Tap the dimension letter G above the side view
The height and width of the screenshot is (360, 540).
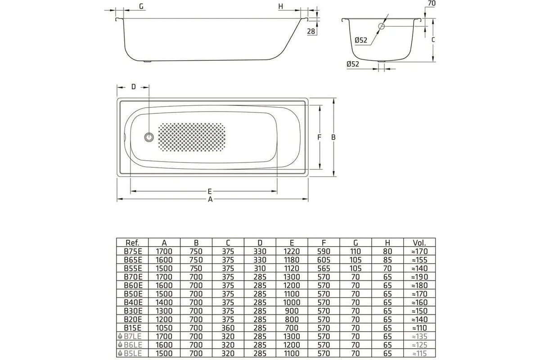(x=141, y=6)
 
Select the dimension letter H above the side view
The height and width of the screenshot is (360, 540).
(x=280, y=6)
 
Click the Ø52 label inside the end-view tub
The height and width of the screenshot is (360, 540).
(x=361, y=40)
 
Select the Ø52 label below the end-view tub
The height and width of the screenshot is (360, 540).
(x=353, y=64)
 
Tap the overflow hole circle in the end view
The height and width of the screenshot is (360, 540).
(x=382, y=26)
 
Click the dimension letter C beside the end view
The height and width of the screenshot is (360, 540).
(x=432, y=40)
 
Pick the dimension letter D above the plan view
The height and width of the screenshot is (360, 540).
(x=133, y=86)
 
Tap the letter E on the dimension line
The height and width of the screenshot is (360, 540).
(x=210, y=191)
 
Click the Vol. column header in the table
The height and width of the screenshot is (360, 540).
(x=419, y=243)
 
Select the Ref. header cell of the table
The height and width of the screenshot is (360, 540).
(x=132, y=243)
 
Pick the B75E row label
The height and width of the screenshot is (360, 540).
(x=132, y=251)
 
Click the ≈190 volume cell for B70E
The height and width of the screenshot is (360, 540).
(x=419, y=275)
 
